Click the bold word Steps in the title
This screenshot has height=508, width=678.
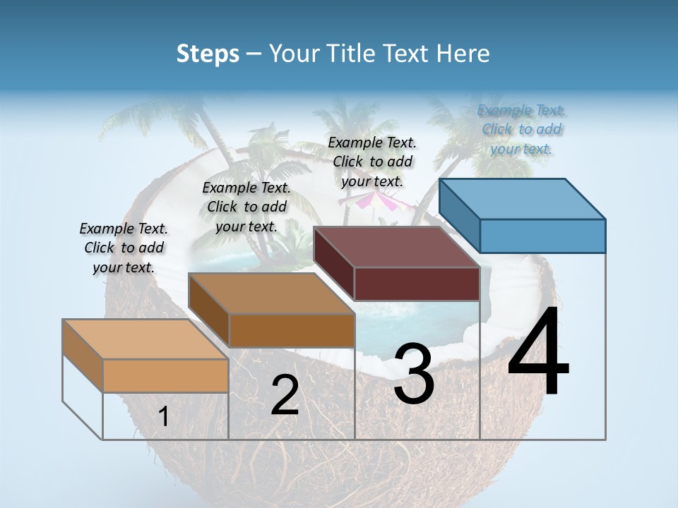tap(208, 54)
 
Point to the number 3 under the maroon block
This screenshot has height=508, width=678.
tap(414, 374)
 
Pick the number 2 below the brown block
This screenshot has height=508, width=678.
tap(285, 396)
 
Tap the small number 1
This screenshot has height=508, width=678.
tap(164, 417)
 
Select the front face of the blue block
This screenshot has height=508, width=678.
tap(542, 236)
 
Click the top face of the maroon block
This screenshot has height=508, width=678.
tap(397, 247)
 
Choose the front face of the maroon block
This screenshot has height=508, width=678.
tap(417, 284)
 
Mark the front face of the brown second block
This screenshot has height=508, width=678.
tap(292, 330)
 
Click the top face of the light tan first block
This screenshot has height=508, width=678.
tap(145, 339)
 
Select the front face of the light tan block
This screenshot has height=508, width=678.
tap(165, 375)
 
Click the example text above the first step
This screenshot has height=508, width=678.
tap(124, 248)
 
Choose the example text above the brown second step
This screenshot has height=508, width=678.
tap(246, 207)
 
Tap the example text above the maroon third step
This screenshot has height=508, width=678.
tap(372, 162)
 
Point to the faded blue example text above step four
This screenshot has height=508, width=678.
tap(522, 129)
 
